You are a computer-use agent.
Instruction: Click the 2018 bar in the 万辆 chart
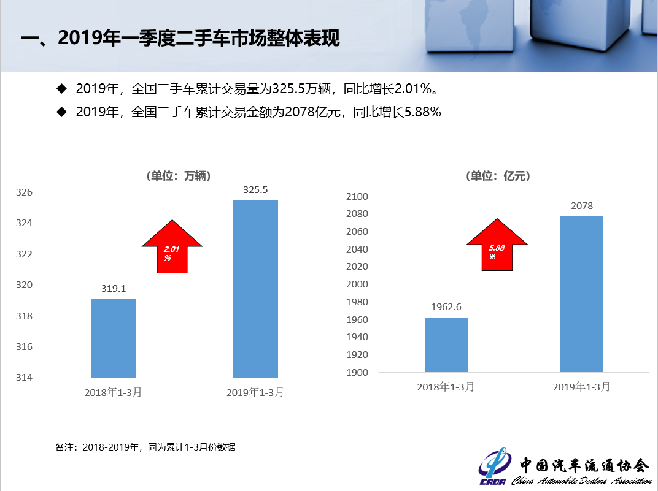[x=114, y=338]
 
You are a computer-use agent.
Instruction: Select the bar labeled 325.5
[x=255, y=288]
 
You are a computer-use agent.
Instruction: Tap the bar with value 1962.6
[x=446, y=344]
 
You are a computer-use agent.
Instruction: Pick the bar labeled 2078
[x=582, y=294]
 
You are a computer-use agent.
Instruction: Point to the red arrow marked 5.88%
[x=497, y=245]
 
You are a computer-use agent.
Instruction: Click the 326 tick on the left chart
[x=24, y=192]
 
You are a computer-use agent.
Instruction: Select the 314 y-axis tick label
[x=24, y=378]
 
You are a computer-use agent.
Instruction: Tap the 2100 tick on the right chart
[x=357, y=197]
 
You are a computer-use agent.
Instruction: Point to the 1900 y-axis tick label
[x=357, y=373]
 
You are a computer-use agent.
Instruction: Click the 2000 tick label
[x=357, y=284]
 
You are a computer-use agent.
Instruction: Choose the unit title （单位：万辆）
[x=179, y=176]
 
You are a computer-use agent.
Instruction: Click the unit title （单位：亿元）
[x=498, y=176]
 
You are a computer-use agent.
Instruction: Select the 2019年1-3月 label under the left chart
[x=255, y=392]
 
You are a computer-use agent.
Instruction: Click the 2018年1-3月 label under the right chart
[x=446, y=387]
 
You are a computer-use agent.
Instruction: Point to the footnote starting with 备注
[x=145, y=447]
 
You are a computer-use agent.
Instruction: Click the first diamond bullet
[x=61, y=88]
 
